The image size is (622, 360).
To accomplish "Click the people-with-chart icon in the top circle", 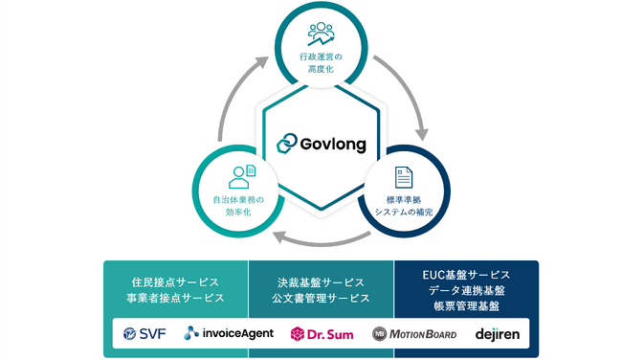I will point(321,33).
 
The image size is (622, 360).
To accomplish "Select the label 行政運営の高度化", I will point(321,63).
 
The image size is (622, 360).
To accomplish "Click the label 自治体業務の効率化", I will point(237,205).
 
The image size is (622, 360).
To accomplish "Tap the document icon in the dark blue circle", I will point(404,177).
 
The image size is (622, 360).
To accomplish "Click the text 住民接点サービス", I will point(176,282).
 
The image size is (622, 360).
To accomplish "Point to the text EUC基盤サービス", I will point(466,276).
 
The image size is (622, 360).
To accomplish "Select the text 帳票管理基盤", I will point(466,306).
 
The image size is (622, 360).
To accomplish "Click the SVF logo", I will point(144,334).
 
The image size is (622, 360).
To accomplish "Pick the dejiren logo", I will point(496,334).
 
